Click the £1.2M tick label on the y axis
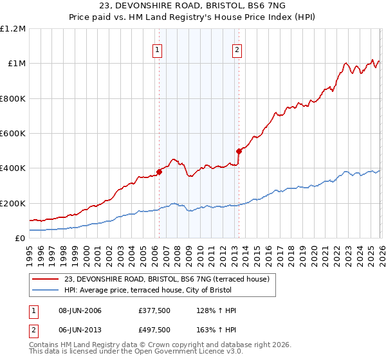[x=13, y=29]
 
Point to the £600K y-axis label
[x=13, y=134]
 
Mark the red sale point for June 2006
[x=159, y=172]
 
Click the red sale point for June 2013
[x=238, y=152]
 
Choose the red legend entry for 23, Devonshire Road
[x=170, y=278]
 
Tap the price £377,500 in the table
[x=154, y=311]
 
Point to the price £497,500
[x=154, y=330]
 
